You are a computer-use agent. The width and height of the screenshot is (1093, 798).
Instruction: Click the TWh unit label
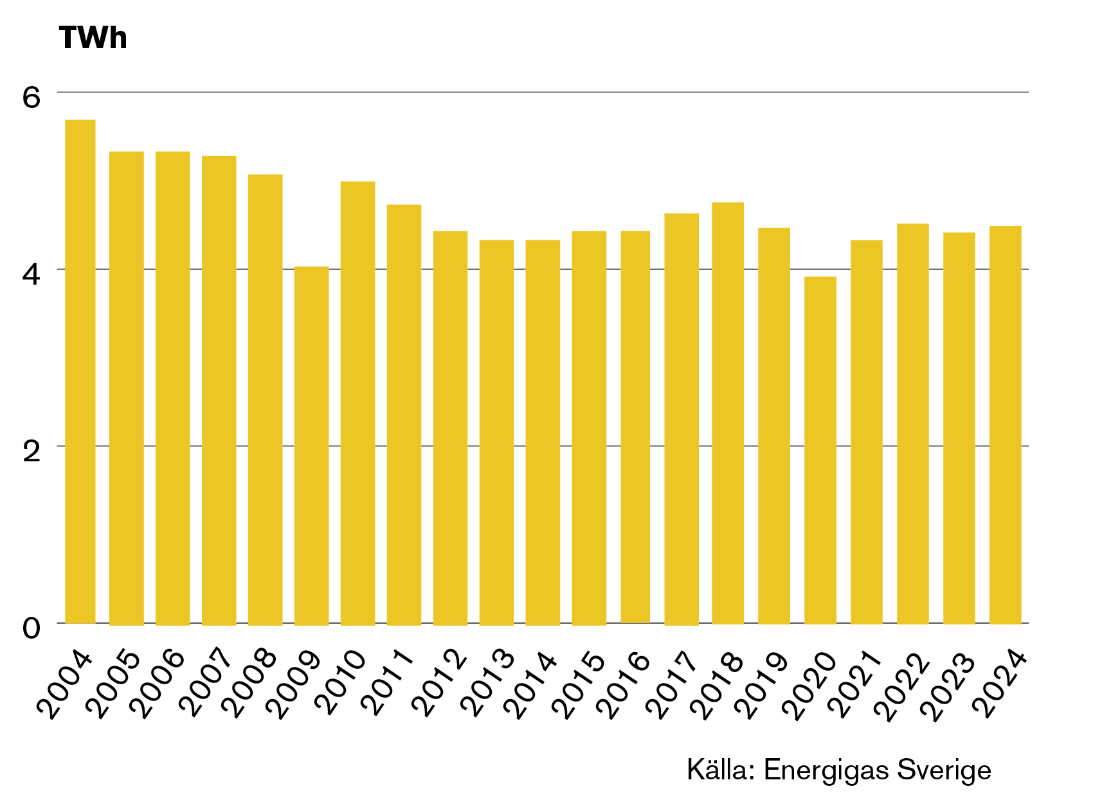[x=93, y=37]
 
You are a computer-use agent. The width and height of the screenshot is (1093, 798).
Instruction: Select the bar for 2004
[x=80, y=371]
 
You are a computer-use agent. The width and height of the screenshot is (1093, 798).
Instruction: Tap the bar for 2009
[x=311, y=445]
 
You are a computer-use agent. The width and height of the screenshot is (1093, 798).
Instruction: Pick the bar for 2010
[x=357, y=403]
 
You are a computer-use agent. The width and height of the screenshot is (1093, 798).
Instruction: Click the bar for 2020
[x=820, y=450]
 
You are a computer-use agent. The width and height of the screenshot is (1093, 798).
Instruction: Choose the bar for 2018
[x=728, y=413]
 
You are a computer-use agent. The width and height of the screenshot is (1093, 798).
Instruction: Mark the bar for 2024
[x=1005, y=425]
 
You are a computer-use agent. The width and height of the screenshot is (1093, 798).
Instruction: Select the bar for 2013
[x=496, y=432]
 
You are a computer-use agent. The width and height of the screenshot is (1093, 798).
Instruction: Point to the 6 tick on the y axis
[x=32, y=97]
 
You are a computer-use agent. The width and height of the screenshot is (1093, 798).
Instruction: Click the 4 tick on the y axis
[x=32, y=274]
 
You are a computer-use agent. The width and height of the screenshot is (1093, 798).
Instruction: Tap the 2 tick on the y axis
[x=32, y=452]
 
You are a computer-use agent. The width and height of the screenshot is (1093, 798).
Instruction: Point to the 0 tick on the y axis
[x=32, y=628]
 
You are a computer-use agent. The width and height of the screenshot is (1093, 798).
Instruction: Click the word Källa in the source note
[x=721, y=770]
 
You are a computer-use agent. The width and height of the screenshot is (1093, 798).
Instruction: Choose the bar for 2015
[x=589, y=428]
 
